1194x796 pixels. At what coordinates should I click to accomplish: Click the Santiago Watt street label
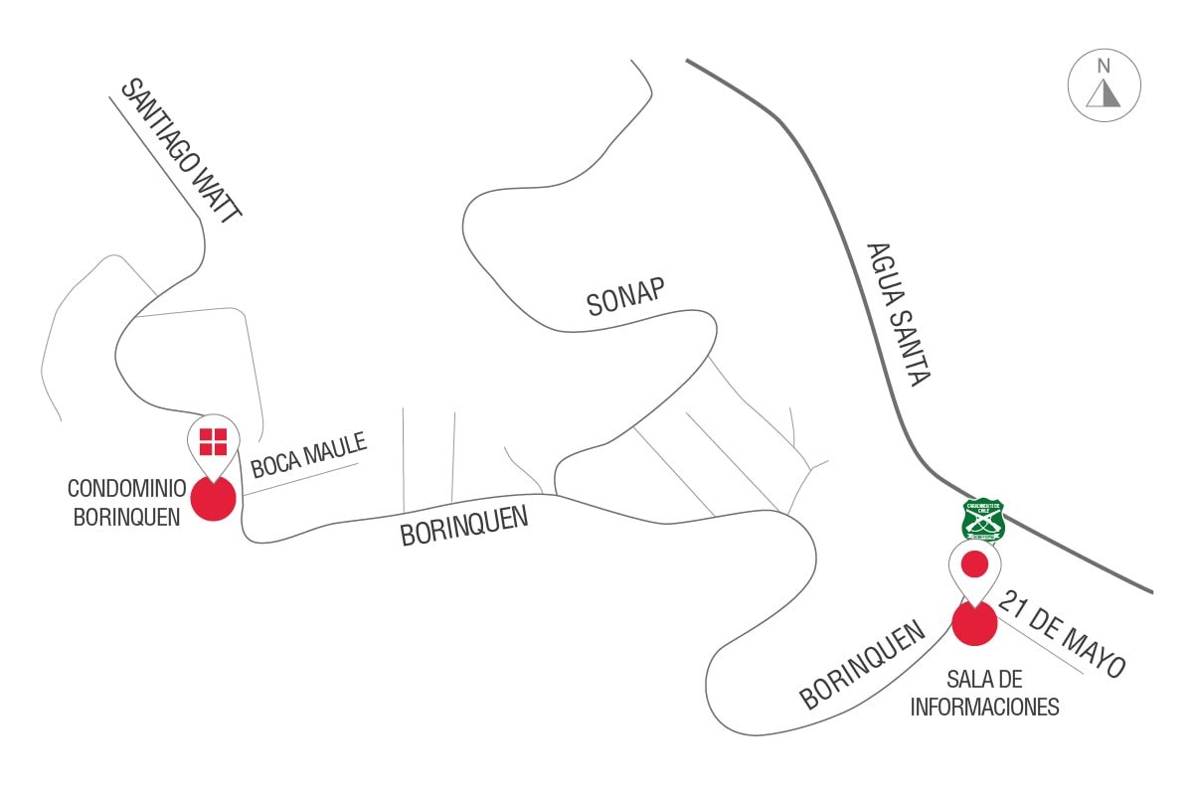point(181,150)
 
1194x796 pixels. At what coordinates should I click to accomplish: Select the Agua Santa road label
point(898,314)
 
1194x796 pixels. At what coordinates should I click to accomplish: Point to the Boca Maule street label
point(309,453)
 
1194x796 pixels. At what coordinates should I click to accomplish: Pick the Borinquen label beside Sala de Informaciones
point(863,666)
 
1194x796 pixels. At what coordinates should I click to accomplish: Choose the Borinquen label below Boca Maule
point(463,525)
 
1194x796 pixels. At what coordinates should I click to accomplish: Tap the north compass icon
point(1104,86)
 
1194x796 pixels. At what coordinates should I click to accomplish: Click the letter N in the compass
point(1104,68)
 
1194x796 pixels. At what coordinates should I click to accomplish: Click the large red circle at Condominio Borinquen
point(214,498)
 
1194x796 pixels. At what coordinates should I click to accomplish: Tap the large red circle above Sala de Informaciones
point(974,623)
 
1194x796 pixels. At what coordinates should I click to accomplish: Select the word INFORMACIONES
point(984,708)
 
